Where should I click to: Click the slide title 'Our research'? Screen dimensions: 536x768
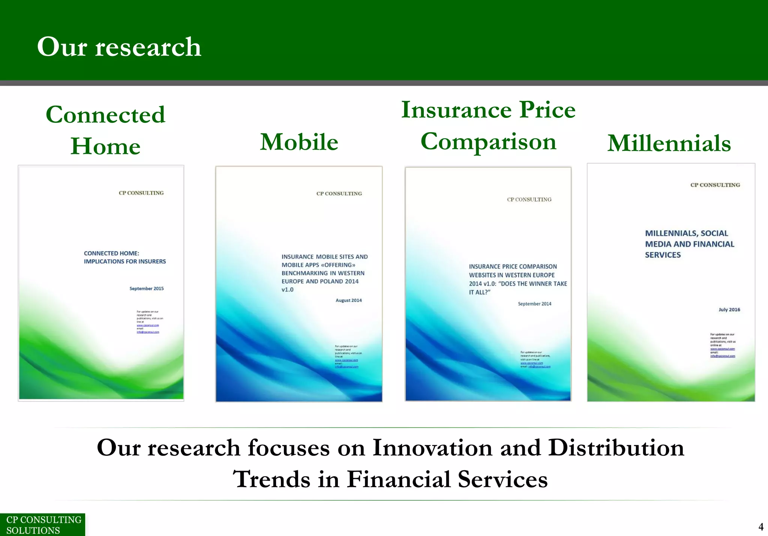click(119, 47)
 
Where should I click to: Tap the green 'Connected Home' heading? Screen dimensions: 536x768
click(105, 130)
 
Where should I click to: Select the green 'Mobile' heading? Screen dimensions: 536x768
click(299, 142)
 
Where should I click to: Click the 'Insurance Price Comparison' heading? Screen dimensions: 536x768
click(488, 125)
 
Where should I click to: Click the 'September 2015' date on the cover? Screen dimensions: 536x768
click(147, 289)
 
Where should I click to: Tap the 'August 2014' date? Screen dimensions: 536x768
click(349, 300)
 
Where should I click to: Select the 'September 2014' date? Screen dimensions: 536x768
click(534, 304)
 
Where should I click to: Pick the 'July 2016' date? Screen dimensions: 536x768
click(729, 310)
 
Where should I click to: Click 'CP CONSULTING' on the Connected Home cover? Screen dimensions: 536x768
click(141, 193)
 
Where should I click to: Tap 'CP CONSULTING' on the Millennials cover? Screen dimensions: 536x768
click(715, 185)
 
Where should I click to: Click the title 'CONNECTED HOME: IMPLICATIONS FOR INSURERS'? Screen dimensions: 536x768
click(124, 257)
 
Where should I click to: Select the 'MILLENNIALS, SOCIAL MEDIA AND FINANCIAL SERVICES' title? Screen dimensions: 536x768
click(689, 244)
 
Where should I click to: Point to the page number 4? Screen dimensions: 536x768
click(761, 527)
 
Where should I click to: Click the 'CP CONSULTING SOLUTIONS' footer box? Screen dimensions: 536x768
click(42, 525)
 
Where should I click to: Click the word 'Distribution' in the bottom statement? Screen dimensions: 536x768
click(616, 448)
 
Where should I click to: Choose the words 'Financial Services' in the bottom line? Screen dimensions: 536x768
click(447, 479)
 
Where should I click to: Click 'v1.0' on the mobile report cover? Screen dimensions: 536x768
click(288, 290)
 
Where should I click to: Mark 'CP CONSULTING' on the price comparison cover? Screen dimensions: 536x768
click(529, 200)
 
